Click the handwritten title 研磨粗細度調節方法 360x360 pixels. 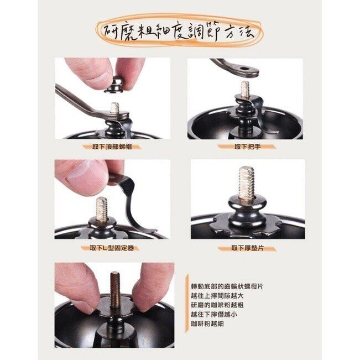point(179,33)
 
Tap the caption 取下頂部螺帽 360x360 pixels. point(112,147)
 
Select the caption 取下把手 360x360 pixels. point(248,147)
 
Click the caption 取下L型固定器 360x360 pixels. point(112,248)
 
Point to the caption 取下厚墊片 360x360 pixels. point(248,248)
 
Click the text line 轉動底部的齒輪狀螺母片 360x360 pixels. point(227,286)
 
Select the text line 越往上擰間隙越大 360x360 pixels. point(217,296)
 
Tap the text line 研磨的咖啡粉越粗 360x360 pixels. point(217,305)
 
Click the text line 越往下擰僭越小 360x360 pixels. point(214,314)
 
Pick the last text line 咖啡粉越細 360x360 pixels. point(207,324)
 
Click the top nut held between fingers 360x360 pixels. point(116,86)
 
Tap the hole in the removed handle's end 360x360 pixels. point(244,68)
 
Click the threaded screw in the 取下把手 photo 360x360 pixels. point(245,88)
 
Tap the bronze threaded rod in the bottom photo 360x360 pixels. point(116,290)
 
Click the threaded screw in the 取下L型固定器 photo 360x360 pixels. point(102,209)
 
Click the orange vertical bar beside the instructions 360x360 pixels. point(187,303)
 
